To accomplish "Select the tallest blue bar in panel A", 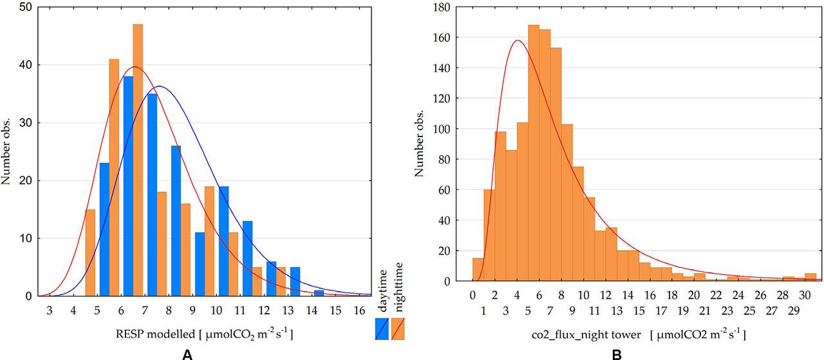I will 128,186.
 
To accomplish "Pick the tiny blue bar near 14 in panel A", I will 319,293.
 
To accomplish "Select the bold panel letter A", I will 187,354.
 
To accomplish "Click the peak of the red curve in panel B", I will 518,41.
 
